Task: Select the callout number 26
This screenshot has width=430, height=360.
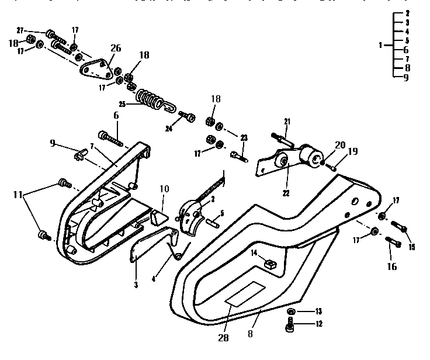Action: tap(116, 47)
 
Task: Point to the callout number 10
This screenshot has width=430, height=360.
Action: tap(164, 190)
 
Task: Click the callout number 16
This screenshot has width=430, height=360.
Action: tap(391, 266)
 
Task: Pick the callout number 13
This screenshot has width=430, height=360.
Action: tap(318, 311)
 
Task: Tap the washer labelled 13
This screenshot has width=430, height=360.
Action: tap(292, 311)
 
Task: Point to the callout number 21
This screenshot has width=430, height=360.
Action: tap(287, 121)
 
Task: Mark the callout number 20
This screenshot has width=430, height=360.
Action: tap(339, 145)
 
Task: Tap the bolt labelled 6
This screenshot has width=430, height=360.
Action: tap(111, 138)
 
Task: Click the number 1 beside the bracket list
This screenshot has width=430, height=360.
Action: tap(381, 44)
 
